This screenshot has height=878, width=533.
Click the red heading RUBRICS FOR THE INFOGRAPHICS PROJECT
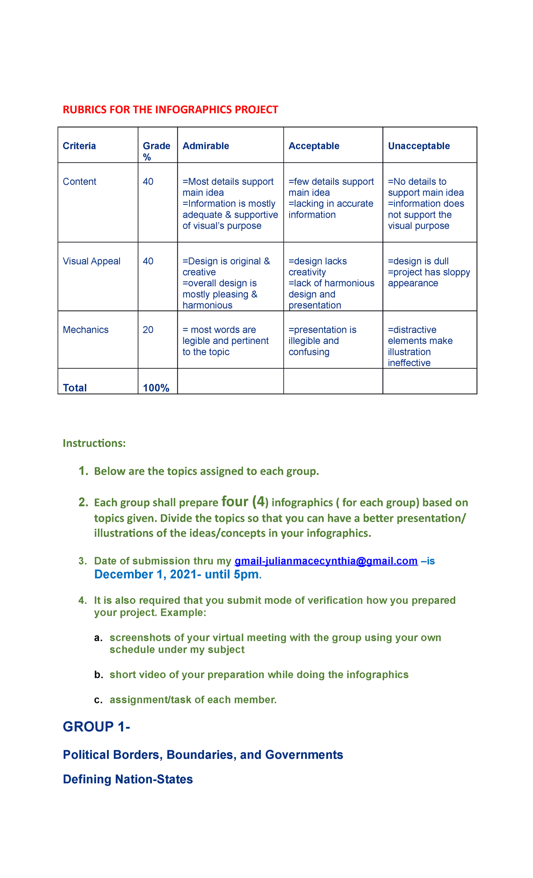coord(171,110)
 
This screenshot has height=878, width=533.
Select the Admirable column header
coord(206,146)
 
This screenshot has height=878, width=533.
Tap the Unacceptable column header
coord(419,146)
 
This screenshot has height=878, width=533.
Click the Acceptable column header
coord(314,146)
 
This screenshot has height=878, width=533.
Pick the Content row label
coord(80,182)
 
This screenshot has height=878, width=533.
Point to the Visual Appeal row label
coord(91,261)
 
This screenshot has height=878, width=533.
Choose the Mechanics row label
coord(86,330)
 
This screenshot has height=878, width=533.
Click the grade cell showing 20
coord(148,330)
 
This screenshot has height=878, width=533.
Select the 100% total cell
coord(156,388)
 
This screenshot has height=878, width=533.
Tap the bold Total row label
coord(75,388)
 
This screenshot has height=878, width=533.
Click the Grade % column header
coord(156,151)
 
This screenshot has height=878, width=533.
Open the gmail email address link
coord(326,561)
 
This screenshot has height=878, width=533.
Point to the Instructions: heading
coord(94,443)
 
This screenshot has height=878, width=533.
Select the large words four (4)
coord(245,502)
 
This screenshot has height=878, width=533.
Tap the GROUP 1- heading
coord(96,727)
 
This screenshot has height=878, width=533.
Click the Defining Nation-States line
coord(128,779)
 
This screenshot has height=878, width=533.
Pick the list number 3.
coord(83,561)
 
